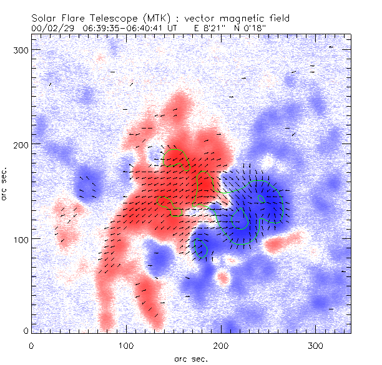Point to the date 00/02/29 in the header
51,28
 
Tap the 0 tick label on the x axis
31,345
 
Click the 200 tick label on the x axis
221,345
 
